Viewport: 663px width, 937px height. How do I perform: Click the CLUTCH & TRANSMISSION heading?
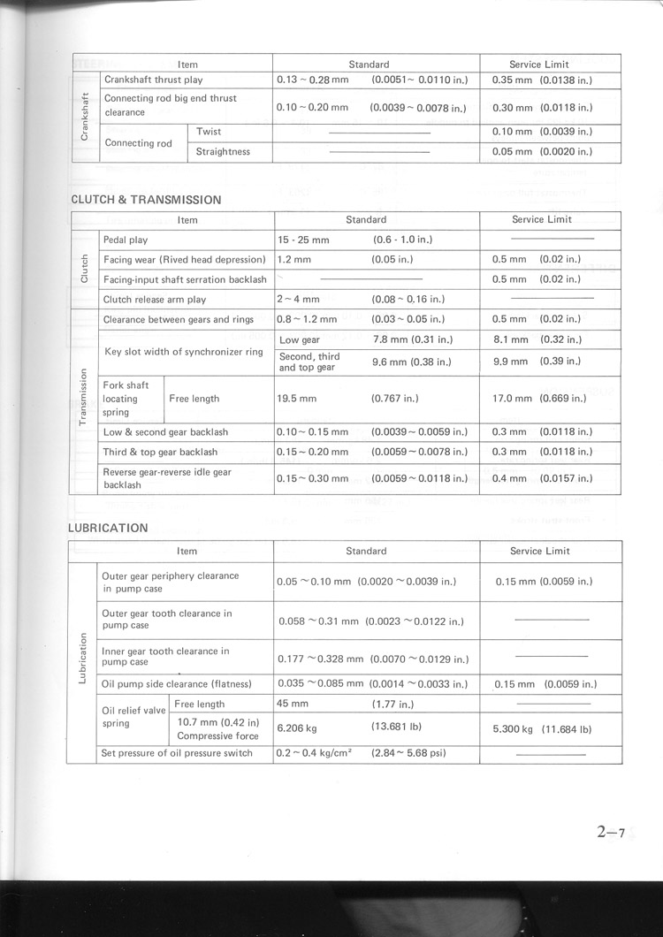click(x=146, y=200)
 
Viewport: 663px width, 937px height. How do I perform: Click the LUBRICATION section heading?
click(x=108, y=529)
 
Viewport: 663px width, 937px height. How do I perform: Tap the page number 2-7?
click(x=611, y=832)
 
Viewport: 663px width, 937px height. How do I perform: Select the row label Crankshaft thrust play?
click(x=154, y=80)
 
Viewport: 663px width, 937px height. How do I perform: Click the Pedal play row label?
click(x=126, y=240)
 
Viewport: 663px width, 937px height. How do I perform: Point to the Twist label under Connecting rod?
click(x=209, y=132)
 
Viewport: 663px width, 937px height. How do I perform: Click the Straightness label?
click(x=223, y=152)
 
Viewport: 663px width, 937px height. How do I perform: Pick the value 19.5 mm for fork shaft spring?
click(x=296, y=399)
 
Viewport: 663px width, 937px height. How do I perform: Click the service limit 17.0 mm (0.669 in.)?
click(x=542, y=399)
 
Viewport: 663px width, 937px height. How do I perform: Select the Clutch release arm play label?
click(x=155, y=300)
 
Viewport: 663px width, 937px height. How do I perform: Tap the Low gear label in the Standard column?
click(x=300, y=339)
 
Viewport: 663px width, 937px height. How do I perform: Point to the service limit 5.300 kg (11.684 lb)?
click(x=541, y=730)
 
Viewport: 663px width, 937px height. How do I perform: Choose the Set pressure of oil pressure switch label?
click(x=177, y=753)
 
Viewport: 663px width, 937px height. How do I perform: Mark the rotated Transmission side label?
click(x=83, y=398)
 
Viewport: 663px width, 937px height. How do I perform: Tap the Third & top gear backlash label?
click(x=160, y=452)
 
